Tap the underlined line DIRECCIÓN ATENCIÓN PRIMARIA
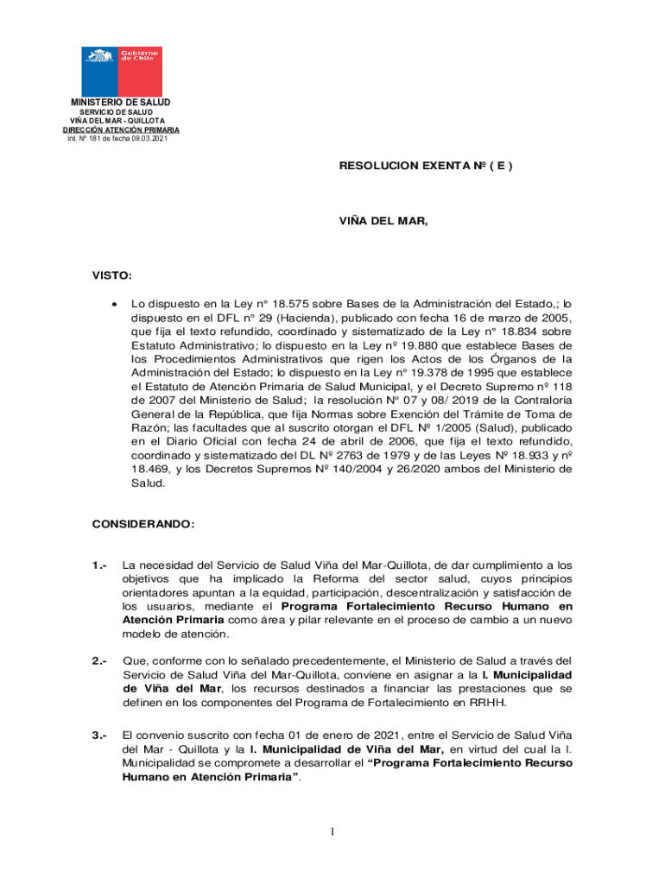(121, 130)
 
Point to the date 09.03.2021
(150, 139)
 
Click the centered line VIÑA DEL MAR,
(383, 221)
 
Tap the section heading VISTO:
(112, 276)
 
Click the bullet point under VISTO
(114, 305)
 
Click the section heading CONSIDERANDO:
(143, 525)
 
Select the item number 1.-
(100, 565)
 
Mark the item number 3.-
(100, 736)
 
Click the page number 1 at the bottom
(332, 832)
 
